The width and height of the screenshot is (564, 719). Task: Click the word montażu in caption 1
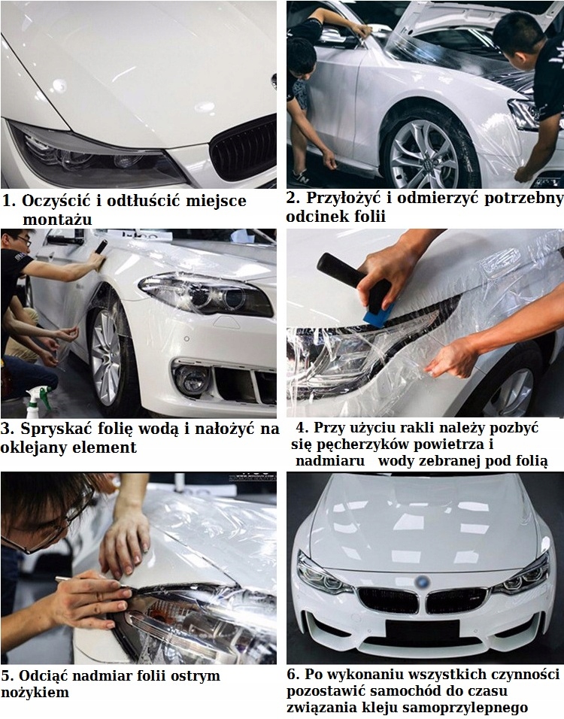click(57, 220)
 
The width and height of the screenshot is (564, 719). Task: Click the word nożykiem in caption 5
click(35, 693)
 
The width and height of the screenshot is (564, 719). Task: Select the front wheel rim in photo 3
click(105, 358)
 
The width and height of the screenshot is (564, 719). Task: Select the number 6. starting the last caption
click(293, 675)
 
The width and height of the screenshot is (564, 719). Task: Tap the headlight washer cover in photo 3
click(226, 321)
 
